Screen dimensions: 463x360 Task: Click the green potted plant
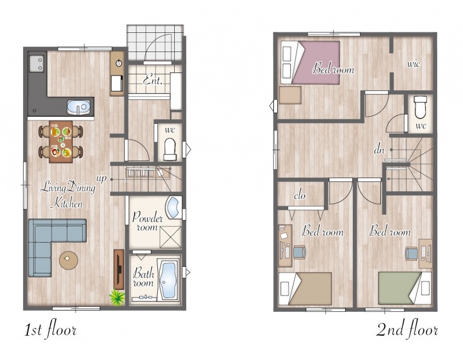(117, 298)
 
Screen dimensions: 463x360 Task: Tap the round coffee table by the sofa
(68, 260)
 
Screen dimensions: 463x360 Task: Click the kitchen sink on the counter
(78, 107)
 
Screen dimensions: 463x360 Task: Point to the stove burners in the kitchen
(37, 64)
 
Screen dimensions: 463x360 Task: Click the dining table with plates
(61, 142)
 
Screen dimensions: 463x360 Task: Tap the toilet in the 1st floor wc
(170, 148)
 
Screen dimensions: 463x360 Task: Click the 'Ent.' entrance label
(153, 81)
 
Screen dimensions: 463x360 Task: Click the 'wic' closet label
(413, 64)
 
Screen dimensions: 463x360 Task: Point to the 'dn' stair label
(379, 150)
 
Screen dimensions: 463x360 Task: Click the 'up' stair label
(101, 179)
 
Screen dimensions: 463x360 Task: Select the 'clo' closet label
(299, 195)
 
